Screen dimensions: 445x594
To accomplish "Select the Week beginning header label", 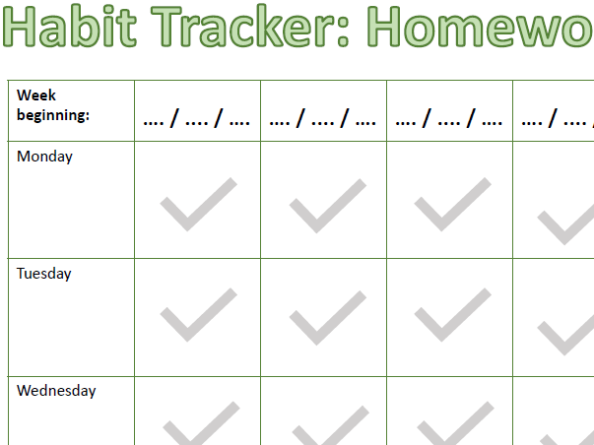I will pos(52,106).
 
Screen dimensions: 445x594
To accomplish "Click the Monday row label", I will pos(44,156).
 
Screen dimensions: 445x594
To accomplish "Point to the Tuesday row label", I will pos(44,274).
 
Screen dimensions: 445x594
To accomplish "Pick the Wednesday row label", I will pos(56,391).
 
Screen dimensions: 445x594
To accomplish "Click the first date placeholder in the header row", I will pos(197,122).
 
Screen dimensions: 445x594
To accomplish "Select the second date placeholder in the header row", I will pos(323,122).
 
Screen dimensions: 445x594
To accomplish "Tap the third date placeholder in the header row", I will pos(449,122).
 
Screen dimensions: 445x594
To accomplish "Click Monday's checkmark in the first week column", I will pos(198,205).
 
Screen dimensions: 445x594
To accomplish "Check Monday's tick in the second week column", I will pos(327,205).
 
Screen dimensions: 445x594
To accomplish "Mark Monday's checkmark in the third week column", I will pos(452,205).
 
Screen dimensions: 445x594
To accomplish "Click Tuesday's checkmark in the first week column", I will pos(198,315).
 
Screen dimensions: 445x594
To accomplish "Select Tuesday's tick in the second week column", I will pos(327,315).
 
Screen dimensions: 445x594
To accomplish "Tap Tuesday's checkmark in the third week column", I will pos(452,315).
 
